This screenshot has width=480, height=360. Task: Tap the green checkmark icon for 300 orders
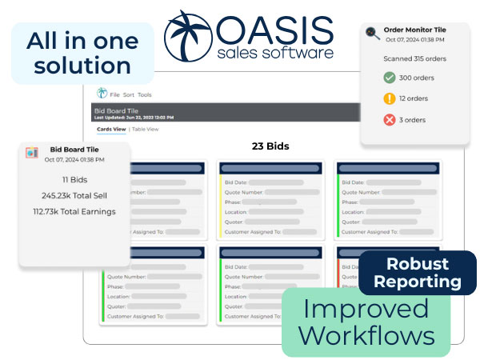390,78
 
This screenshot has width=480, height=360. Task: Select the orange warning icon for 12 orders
390,98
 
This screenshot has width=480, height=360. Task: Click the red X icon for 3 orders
390,120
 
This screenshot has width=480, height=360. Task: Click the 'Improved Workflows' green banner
366,322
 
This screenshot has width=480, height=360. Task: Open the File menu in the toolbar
115,94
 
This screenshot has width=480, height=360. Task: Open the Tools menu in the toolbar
145,94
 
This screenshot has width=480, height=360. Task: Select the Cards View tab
111,129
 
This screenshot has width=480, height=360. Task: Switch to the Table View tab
146,129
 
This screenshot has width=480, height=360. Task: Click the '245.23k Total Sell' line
74,195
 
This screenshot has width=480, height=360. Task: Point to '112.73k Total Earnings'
74,211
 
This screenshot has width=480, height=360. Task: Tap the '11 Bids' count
74,180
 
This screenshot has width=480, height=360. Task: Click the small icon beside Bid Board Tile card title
32,152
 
